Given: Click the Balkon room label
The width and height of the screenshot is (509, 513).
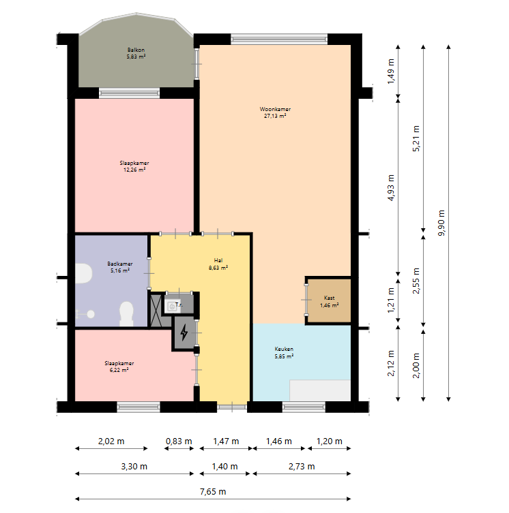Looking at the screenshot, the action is [136, 53].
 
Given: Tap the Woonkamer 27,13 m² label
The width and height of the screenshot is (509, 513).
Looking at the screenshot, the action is [275, 112].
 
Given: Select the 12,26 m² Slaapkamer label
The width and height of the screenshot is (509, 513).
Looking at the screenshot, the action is [134, 166].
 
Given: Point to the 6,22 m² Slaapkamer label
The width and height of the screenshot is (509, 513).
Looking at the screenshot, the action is [119, 367].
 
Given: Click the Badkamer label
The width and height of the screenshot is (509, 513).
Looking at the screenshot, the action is [120, 267].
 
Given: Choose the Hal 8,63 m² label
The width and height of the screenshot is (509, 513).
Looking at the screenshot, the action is [218, 264].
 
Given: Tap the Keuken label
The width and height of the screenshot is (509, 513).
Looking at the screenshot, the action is [284, 352].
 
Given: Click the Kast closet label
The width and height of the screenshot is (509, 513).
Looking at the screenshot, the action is [330, 301].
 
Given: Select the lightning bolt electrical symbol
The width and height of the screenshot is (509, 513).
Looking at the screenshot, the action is [184, 332].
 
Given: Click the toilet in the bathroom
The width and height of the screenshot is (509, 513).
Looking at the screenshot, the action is [126, 313].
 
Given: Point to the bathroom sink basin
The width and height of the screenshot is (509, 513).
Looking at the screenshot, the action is [83, 273].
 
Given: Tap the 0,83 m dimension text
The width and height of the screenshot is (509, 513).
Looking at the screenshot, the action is [179, 441].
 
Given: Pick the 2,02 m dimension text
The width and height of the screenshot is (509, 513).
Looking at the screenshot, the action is [111, 441].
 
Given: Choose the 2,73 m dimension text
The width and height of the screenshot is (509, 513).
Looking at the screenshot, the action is [302, 467].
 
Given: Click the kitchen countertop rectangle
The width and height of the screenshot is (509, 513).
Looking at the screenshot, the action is [320, 390].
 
